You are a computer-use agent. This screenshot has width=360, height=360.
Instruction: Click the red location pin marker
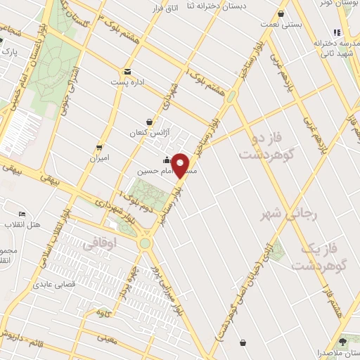coord(181,166)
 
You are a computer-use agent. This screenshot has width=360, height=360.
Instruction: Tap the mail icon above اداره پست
coord(127,72)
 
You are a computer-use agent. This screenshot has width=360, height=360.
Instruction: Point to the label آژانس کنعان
coord(145,133)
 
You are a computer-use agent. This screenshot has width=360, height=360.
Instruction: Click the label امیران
coord(99,158)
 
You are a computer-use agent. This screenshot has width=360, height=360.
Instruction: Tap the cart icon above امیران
coord(99,148)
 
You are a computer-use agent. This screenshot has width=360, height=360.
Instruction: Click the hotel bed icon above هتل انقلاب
coord(23,214)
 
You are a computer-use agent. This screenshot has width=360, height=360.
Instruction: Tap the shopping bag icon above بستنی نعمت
coord(281,14)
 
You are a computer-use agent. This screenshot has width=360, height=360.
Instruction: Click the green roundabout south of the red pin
coord(145,243)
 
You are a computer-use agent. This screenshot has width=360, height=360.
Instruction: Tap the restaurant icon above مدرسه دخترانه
coord(337,32)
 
